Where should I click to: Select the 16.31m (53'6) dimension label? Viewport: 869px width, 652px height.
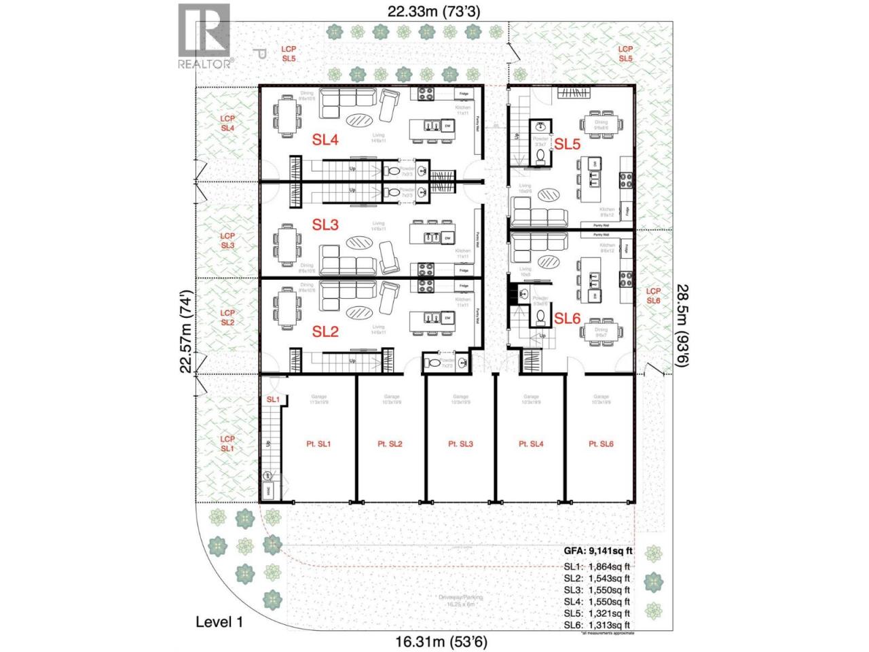[x=441, y=641]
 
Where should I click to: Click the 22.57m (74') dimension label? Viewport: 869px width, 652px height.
[x=186, y=331]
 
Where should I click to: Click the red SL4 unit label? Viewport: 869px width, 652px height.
[x=325, y=140]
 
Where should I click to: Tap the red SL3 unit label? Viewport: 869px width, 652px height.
[x=325, y=224]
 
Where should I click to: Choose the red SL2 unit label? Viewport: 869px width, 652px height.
[x=325, y=331]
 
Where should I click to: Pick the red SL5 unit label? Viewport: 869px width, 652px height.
[x=567, y=144]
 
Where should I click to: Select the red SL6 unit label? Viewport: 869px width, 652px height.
[x=567, y=318]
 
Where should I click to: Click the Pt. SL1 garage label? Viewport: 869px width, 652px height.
[x=318, y=444]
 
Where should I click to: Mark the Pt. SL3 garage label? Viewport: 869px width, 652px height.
[x=460, y=444]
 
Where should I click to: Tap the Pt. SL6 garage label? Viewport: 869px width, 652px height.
[x=601, y=444]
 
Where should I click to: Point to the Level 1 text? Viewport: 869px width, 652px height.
[x=219, y=621]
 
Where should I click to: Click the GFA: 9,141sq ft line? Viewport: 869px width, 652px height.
[x=598, y=551]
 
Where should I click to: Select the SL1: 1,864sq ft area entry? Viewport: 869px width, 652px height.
[x=597, y=566]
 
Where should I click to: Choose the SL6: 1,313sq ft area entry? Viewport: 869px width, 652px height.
[x=597, y=625]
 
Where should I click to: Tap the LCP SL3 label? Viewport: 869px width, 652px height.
[x=227, y=240]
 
